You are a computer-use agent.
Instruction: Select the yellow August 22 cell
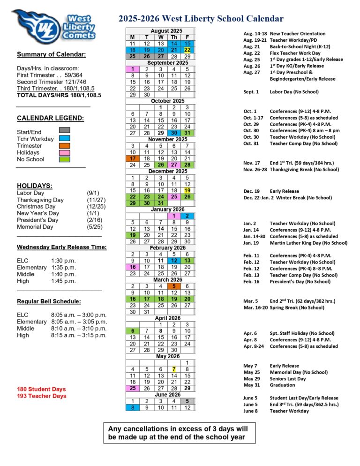coord(187,50)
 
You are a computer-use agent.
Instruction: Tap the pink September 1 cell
coord(133,69)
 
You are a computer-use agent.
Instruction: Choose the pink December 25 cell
coord(173,197)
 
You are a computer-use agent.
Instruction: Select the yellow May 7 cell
coord(173,369)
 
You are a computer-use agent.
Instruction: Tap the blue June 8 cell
coord(133,408)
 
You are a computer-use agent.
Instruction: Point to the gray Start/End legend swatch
coord(65,130)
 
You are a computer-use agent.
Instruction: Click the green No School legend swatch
coord(65,159)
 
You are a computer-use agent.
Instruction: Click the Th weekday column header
coord(173,37)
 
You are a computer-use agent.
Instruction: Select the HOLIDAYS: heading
coord(34,186)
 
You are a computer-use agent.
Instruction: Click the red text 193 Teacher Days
coord(42,396)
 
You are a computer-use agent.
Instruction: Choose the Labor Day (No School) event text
coord(294,92)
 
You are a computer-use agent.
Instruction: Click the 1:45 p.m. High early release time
coord(63,281)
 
